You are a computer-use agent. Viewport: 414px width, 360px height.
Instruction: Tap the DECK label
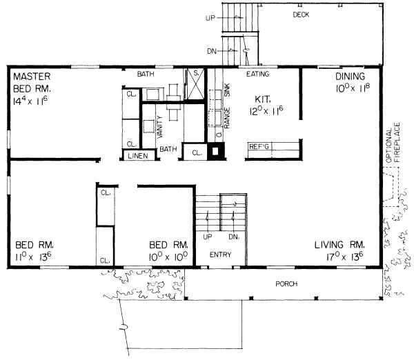click(300, 14)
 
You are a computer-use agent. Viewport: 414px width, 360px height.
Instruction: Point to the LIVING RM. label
click(338, 245)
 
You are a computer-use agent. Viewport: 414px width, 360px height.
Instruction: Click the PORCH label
click(286, 283)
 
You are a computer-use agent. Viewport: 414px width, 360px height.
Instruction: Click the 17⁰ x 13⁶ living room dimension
click(338, 257)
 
